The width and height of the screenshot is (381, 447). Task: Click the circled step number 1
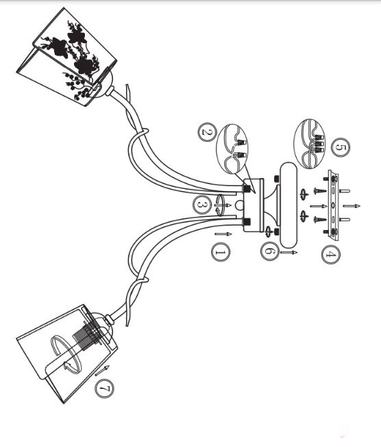221,252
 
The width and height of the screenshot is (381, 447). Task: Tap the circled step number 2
207,133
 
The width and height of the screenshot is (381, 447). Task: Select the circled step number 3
202,204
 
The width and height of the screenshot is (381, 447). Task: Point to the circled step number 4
331,255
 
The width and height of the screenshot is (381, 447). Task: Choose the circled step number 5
341,147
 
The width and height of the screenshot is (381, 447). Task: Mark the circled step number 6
270,251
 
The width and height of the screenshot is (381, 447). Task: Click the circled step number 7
104,388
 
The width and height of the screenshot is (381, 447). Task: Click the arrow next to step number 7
102,370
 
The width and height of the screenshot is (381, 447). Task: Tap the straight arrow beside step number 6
288,253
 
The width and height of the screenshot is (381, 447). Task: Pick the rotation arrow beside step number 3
221,205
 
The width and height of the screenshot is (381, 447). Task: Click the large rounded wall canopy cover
288,205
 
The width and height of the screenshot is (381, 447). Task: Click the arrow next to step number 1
223,234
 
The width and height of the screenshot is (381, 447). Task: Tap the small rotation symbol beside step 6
268,231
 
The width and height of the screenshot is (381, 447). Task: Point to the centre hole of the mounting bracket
332,205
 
